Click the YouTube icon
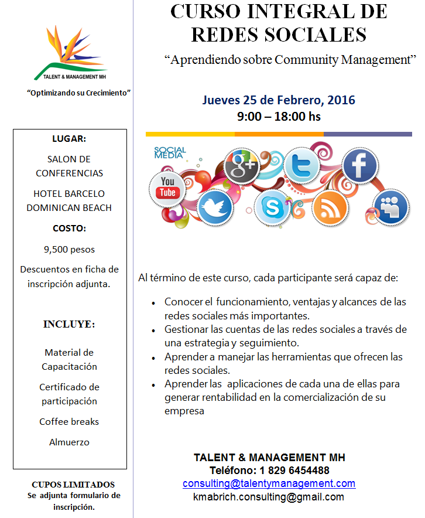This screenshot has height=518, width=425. click(167, 187)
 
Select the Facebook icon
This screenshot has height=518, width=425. click(359, 165)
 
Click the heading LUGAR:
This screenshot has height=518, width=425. click(69, 139)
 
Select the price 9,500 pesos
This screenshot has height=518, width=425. click(69, 249)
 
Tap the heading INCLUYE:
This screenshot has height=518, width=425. click(69, 324)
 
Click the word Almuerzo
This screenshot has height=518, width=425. click(69, 442)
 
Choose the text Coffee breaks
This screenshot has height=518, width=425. click(69, 421)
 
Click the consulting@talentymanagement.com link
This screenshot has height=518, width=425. click(269, 483)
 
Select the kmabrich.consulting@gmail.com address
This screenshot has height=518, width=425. click(269, 496)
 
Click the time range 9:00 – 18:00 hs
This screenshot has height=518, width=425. click(279, 116)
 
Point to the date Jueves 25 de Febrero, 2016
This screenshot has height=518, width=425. click(279, 100)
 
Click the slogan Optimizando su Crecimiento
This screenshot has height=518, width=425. click(78, 93)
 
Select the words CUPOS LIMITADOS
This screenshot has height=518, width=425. click(73, 485)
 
